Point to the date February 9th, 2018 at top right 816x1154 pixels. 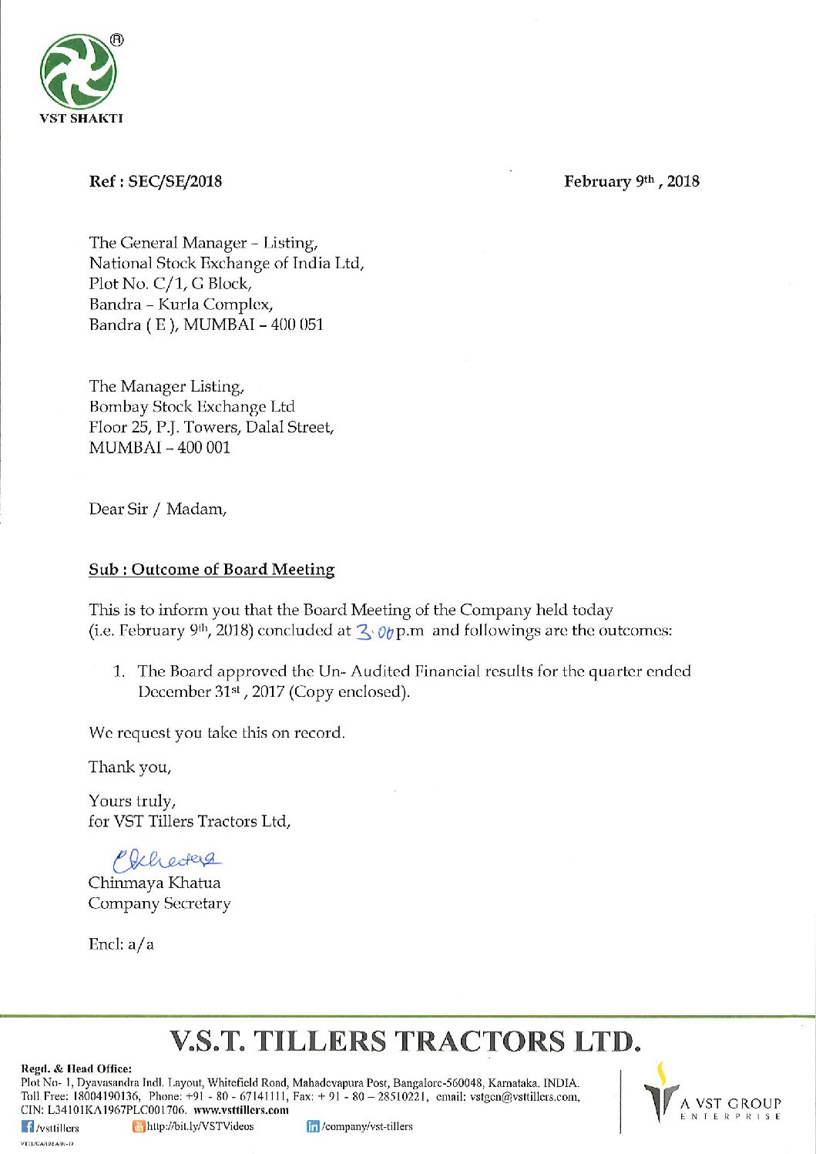[631, 182]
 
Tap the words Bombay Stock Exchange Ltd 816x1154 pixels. [192, 407]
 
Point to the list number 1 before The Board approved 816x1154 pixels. [119, 671]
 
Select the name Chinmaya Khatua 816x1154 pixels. [154, 883]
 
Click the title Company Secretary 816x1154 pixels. [160, 903]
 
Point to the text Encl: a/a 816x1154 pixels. [121, 944]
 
